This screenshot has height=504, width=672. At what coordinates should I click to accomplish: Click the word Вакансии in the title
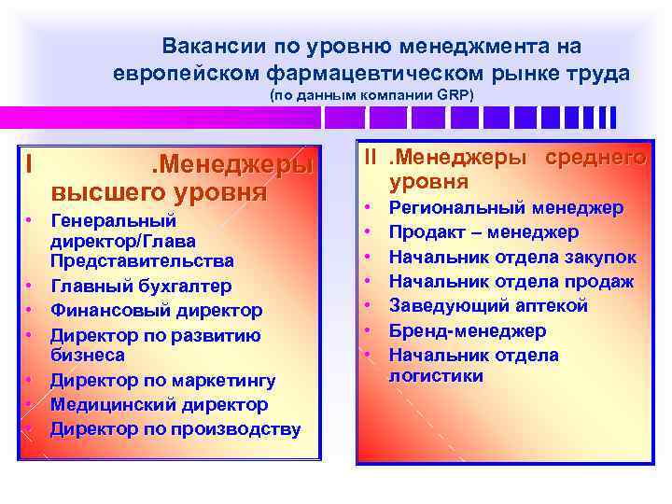coord(213,46)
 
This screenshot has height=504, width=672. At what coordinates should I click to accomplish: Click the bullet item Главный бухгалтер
coord(140,286)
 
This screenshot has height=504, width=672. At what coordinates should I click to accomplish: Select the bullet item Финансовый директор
coord(156,310)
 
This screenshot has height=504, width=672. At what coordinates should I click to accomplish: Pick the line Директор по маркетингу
coord(162,380)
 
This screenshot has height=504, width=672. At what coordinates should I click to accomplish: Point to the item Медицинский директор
coord(159,404)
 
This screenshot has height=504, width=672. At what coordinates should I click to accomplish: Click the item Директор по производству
coord(175,428)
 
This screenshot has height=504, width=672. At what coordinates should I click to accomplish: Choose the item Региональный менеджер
coord(506,207)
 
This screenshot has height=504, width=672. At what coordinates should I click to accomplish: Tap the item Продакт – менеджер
coord(483,231)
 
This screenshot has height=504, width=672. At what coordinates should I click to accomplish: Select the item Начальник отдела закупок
coord(512,257)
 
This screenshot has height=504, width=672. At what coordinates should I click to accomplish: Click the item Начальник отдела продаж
coord(511,281)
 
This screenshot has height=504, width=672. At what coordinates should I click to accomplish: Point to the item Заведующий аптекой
coord(488,305)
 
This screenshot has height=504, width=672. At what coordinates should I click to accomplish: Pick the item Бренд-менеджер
coord(468,330)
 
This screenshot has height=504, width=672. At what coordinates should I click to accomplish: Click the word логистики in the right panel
coord(436,375)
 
